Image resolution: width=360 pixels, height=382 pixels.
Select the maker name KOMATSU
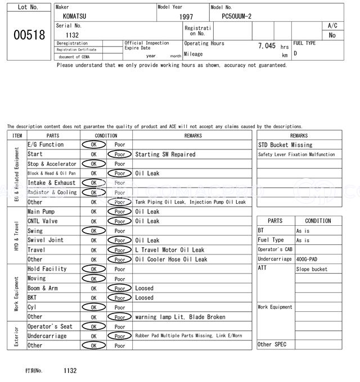tap(74, 17)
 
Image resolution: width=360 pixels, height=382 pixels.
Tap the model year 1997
tap(186, 17)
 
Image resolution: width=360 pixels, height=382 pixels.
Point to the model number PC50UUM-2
tap(241, 17)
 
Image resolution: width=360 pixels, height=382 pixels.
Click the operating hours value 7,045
tap(266, 46)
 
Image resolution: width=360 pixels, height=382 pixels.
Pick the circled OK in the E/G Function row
tap(93, 145)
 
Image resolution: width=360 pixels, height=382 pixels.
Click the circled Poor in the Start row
tap(119, 154)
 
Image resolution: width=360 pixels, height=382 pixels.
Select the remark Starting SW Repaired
tap(165, 154)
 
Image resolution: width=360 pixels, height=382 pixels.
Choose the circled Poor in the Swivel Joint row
tap(119, 240)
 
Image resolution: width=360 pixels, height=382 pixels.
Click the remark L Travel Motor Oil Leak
tap(170, 250)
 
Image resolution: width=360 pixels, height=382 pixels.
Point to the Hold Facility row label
tap(47, 269)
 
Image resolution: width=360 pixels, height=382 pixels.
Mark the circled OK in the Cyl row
tap(93, 307)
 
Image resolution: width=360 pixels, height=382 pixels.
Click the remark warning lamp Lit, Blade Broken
tap(180, 317)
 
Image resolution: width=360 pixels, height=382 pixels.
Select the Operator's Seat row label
tap(49, 326)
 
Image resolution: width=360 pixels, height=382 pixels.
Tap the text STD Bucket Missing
tap(286, 145)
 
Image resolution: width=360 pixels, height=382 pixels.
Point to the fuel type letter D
tap(295, 53)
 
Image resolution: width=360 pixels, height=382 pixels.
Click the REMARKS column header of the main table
tap(192, 135)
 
